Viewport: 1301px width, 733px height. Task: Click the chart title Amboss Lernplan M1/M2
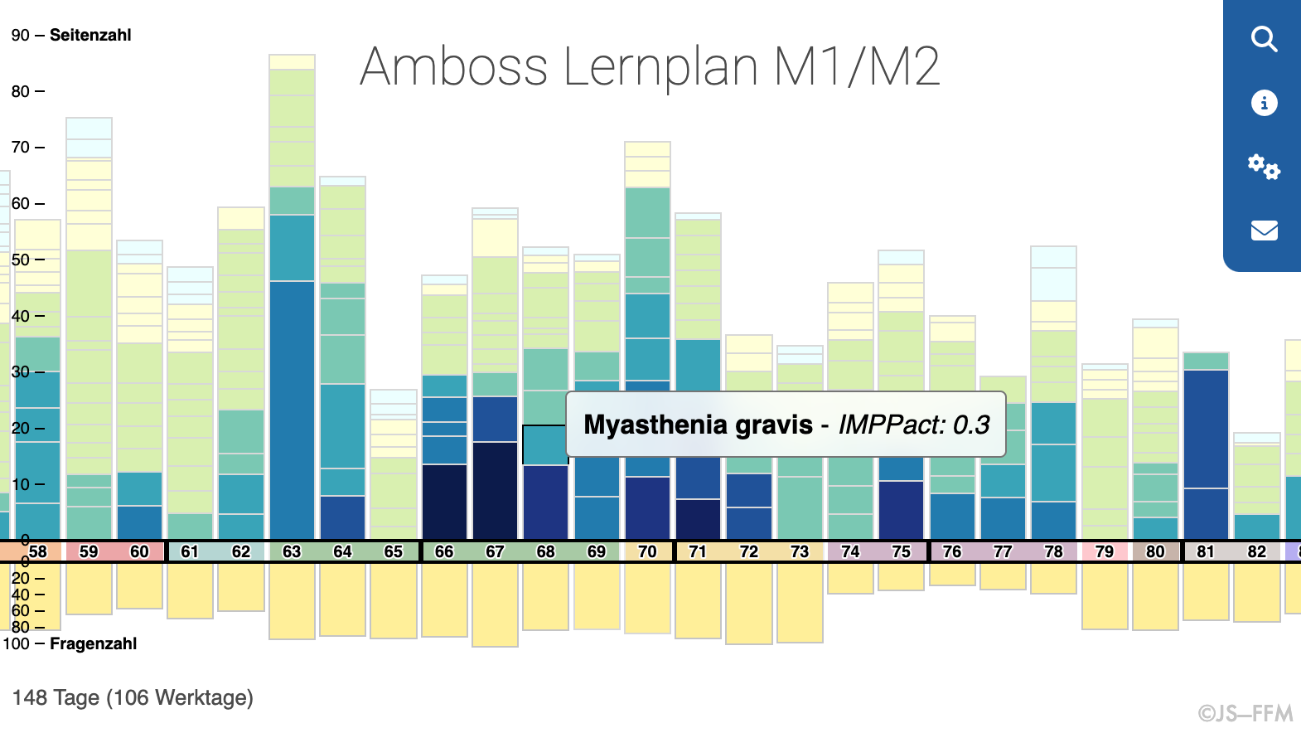(x=650, y=66)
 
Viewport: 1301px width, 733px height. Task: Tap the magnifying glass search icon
(x=1264, y=39)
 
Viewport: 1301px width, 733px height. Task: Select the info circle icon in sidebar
(x=1264, y=103)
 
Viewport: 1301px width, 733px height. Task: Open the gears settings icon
(x=1264, y=167)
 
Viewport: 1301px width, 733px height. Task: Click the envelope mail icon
(x=1264, y=231)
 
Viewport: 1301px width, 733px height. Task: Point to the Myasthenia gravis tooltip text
(x=786, y=425)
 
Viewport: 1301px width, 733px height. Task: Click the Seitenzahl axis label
(x=90, y=35)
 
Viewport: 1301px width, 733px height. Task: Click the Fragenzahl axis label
(x=93, y=643)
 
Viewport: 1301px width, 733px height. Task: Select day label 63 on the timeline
(x=292, y=551)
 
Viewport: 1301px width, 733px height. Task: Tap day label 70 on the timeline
(x=647, y=551)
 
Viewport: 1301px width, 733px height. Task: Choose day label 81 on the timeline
(x=1206, y=551)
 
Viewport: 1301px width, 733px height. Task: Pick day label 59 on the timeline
(x=89, y=551)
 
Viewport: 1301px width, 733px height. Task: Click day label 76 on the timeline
(x=952, y=551)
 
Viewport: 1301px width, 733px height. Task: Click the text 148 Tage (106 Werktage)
(x=133, y=697)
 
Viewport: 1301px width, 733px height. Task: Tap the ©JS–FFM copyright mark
(x=1245, y=713)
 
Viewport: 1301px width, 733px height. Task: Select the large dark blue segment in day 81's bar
(x=1206, y=429)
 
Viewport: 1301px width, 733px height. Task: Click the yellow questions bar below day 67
(x=495, y=604)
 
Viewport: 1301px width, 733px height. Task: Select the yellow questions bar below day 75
(x=901, y=576)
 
